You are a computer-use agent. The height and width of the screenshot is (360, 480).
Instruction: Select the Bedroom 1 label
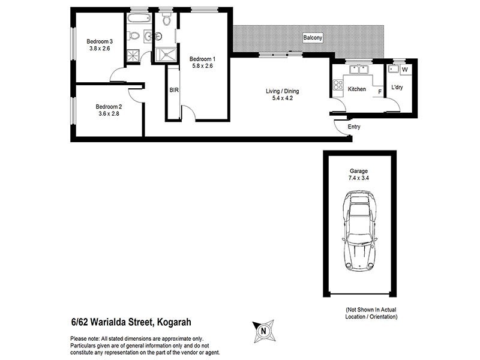pos(202,59)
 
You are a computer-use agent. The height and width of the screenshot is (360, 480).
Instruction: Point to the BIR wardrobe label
pos(174,90)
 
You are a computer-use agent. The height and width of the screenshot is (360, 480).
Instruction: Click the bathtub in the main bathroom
pos(134,19)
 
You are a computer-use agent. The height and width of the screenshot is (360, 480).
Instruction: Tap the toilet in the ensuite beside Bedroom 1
pos(166,22)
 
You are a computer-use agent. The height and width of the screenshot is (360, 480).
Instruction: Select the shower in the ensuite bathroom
pos(164,55)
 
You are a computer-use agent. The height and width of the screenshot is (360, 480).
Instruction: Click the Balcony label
pos(313,38)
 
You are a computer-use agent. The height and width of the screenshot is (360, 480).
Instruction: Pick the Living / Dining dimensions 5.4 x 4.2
pos(282,100)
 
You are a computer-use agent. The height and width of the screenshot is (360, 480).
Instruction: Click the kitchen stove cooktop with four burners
pos(337,85)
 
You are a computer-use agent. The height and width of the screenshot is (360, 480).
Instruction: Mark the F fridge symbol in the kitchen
pos(379,91)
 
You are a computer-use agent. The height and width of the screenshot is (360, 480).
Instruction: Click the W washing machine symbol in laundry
pos(404,70)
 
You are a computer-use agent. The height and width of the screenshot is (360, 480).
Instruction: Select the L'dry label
pos(398,88)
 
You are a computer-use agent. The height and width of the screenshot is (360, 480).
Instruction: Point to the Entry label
pos(354,128)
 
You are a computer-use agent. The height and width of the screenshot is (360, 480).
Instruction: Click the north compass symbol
pos(262,329)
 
